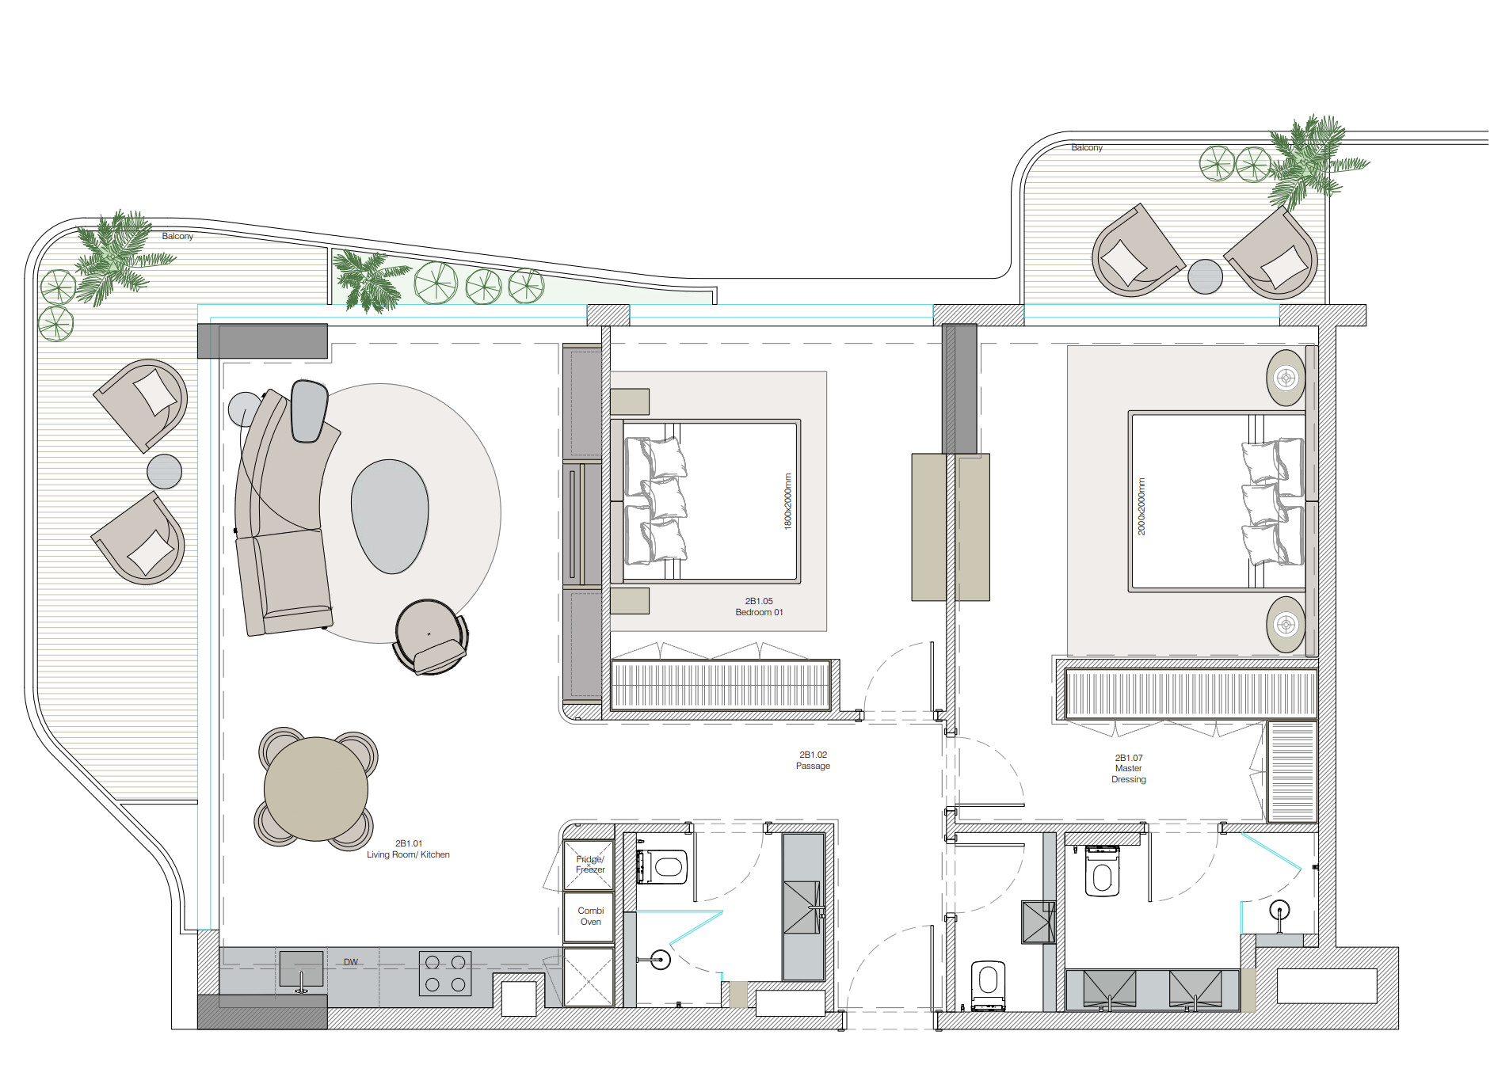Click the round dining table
tap(315, 789)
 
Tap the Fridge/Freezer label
tap(590, 864)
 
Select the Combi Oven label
tap(591, 916)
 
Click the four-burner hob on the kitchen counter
tap(445, 973)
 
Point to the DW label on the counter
tap(351, 962)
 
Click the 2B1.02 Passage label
tap(813, 760)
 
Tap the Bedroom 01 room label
tap(759, 607)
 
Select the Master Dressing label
tap(1129, 768)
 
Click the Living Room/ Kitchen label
tap(408, 849)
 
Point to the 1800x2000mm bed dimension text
tap(787, 501)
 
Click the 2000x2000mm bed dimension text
tap(1141, 506)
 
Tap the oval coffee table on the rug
tap(390, 516)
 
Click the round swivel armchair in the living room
tap(430, 637)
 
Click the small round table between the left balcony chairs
tap(164, 472)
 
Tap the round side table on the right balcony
tap(1205, 276)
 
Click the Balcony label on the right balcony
tap(1087, 147)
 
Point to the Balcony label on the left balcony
tap(177, 236)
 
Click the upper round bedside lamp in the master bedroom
tap(1286, 378)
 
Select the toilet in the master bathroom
tap(1102, 870)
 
